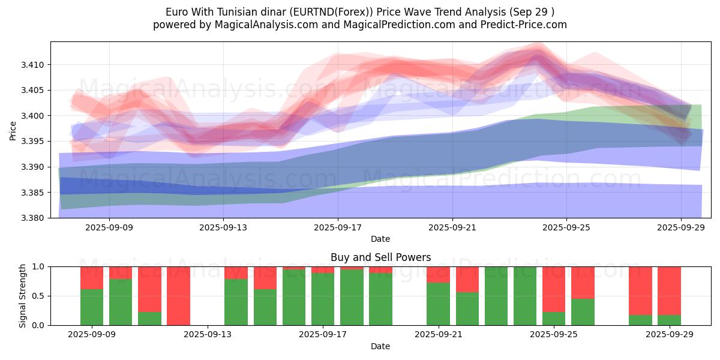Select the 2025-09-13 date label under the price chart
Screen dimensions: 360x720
click(x=223, y=227)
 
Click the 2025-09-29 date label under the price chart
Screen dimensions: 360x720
click(x=681, y=227)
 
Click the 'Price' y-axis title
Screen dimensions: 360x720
click(x=13, y=130)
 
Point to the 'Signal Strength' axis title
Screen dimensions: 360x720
click(x=23, y=296)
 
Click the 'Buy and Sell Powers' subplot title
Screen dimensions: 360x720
click(x=380, y=257)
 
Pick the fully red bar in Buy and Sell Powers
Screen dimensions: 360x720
click(x=178, y=296)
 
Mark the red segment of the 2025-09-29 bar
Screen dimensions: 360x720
click(x=669, y=290)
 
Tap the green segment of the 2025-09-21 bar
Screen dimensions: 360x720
click(x=438, y=304)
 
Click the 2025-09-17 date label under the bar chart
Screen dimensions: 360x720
click(x=323, y=335)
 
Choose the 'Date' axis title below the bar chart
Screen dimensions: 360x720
click(x=380, y=346)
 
